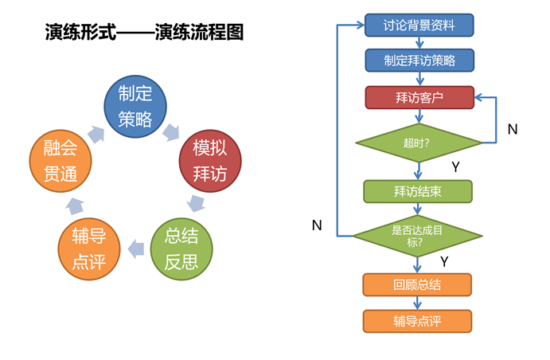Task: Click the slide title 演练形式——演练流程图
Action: pos(144,33)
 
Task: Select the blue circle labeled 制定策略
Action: pos(135,106)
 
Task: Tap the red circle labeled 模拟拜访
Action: pos(210,161)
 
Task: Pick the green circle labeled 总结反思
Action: pos(181,249)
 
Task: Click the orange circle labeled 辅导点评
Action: pos(89,249)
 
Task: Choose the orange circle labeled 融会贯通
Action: pos(60,161)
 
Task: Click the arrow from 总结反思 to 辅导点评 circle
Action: pos(136,249)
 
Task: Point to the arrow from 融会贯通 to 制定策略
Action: pos(96,135)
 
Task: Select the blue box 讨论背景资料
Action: pos(419,25)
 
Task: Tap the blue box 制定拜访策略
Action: pos(419,61)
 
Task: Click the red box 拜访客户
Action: pos(419,97)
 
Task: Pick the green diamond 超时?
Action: pos(419,143)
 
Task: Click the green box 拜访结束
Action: pos(418,192)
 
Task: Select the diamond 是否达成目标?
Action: pos(417,236)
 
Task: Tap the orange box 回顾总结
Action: pos(417,284)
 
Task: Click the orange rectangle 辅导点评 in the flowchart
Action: pos(417,321)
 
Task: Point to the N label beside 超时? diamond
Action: pos(513,130)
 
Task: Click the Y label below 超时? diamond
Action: pos(455,167)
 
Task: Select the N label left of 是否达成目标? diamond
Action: pos(317,225)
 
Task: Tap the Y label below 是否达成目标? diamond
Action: pos(444,262)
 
